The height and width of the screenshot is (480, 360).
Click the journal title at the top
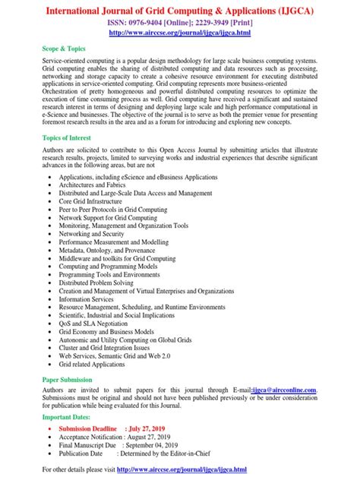tap(180, 11)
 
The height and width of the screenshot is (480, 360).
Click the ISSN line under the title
tap(180, 24)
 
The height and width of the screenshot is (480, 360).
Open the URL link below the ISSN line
tap(180, 35)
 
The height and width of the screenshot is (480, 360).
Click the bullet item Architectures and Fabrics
tap(105, 185)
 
